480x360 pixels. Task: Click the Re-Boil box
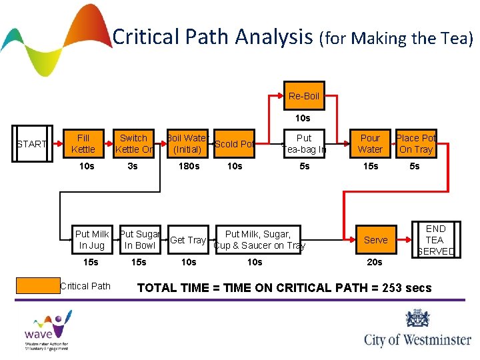(303, 96)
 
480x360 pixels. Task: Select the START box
(31, 144)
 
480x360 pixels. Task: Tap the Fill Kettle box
(83, 144)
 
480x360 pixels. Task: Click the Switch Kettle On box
(133, 144)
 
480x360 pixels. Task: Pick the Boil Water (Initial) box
(188, 144)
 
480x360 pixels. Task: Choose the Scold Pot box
(235, 144)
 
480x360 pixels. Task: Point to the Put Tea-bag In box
(304, 144)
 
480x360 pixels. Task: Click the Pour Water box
(370, 144)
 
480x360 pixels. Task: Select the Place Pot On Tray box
(416, 144)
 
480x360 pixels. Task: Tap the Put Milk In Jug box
(92, 240)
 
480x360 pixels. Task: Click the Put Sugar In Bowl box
(139, 240)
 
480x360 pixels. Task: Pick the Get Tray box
(188, 240)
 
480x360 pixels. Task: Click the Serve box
(375, 240)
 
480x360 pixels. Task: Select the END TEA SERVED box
(435, 240)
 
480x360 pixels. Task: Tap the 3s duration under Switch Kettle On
(133, 166)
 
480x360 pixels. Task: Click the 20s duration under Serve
(375, 262)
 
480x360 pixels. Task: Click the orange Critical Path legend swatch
(38, 286)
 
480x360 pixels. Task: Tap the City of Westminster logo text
(417, 340)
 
